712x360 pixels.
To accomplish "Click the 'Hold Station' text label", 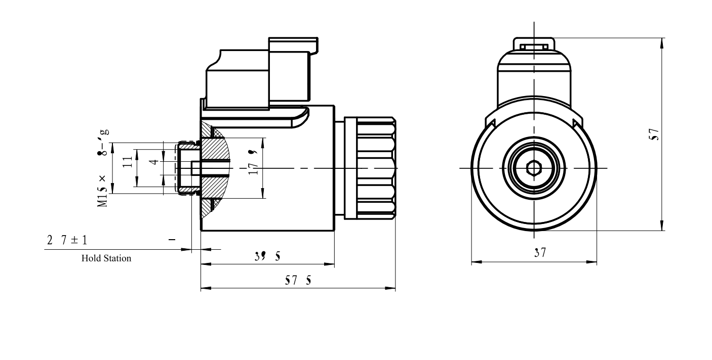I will pyautogui.click(x=106, y=258).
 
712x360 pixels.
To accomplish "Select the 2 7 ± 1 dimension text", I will pyautogui.click(x=67, y=240).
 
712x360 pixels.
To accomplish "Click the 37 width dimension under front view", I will pyautogui.click(x=540, y=253).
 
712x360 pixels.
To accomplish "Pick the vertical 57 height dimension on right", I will pyautogui.click(x=654, y=134).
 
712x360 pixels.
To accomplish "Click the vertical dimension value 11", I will pyautogui.click(x=128, y=161).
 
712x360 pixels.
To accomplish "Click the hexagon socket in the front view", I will pyautogui.click(x=534, y=167).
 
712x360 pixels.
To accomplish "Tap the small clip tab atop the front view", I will pyautogui.click(x=534, y=46).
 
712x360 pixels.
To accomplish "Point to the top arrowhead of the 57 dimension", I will pyautogui.click(x=662, y=41).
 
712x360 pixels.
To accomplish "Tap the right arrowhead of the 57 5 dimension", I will pyautogui.click(x=392, y=290).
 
